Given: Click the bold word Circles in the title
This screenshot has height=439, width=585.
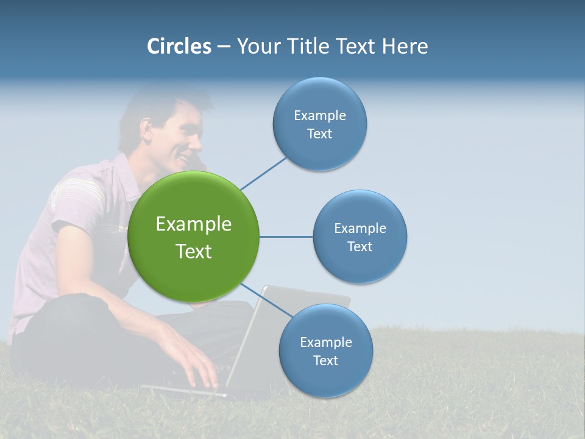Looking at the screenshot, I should (x=179, y=46).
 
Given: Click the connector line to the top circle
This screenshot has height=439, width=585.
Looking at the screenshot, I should (x=263, y=173).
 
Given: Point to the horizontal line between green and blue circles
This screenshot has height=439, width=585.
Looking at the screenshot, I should (x=286, y=237).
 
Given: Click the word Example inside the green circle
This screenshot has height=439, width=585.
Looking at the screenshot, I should (x=193, y=224).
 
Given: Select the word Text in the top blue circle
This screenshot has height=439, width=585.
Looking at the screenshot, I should (x=319, y=134).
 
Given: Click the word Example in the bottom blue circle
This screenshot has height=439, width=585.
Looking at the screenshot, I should (x=325, y=342).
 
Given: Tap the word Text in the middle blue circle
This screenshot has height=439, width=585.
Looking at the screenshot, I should (x=360, y=246).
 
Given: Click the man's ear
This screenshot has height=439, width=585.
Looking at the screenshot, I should (x=146, y=129).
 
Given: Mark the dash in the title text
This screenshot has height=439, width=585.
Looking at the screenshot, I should (x=223, y=47).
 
